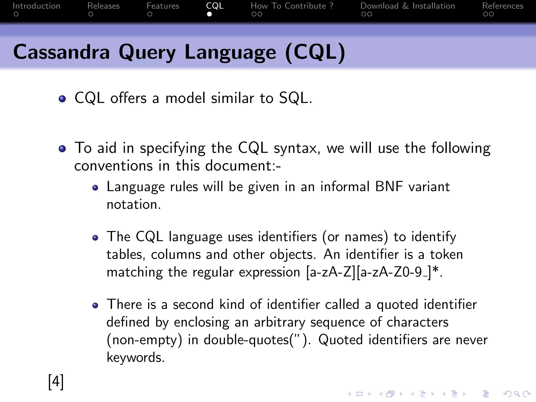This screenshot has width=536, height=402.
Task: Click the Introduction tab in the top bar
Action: coord(36,6)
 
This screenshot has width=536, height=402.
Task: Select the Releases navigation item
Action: coord(103,6)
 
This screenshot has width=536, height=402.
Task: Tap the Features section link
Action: coord(163,6)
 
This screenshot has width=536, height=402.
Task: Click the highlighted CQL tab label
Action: coord(215,6)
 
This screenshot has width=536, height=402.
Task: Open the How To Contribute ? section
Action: coord(292,6)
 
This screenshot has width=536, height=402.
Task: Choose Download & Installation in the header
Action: coord(407,6)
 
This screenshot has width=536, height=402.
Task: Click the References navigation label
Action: coord(502,6)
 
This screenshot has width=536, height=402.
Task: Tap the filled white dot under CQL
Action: coord(209,14)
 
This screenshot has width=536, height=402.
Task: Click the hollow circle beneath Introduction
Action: coord(16,14)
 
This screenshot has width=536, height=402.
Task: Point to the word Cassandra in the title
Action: coord(61,52)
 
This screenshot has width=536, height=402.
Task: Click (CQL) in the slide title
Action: coord(315,52)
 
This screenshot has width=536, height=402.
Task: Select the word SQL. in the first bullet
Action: coord(295,98)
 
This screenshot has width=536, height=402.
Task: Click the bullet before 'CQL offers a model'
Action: coord(62,99)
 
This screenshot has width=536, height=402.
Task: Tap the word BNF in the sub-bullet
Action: coord(389,187)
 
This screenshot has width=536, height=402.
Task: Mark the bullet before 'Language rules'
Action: coord(95,188)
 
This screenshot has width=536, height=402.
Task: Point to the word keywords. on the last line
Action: coord(136,357)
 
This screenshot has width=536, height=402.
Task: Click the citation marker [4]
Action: coord(56,382)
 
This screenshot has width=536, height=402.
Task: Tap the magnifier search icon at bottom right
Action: coord(517,394)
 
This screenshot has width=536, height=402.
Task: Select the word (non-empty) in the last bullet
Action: coord(144,340)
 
